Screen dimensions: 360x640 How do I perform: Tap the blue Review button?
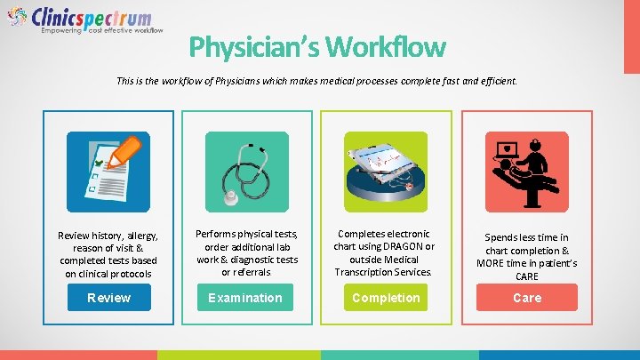pos(108,298)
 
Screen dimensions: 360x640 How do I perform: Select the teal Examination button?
pos(244,298)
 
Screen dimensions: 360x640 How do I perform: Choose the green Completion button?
pos(386,298)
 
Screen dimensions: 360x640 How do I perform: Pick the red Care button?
pos(526,298)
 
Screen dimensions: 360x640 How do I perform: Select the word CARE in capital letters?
pos(527,276)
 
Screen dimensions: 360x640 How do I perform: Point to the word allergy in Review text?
pos(140,236)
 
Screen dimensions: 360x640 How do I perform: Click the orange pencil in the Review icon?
pos(128,151)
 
